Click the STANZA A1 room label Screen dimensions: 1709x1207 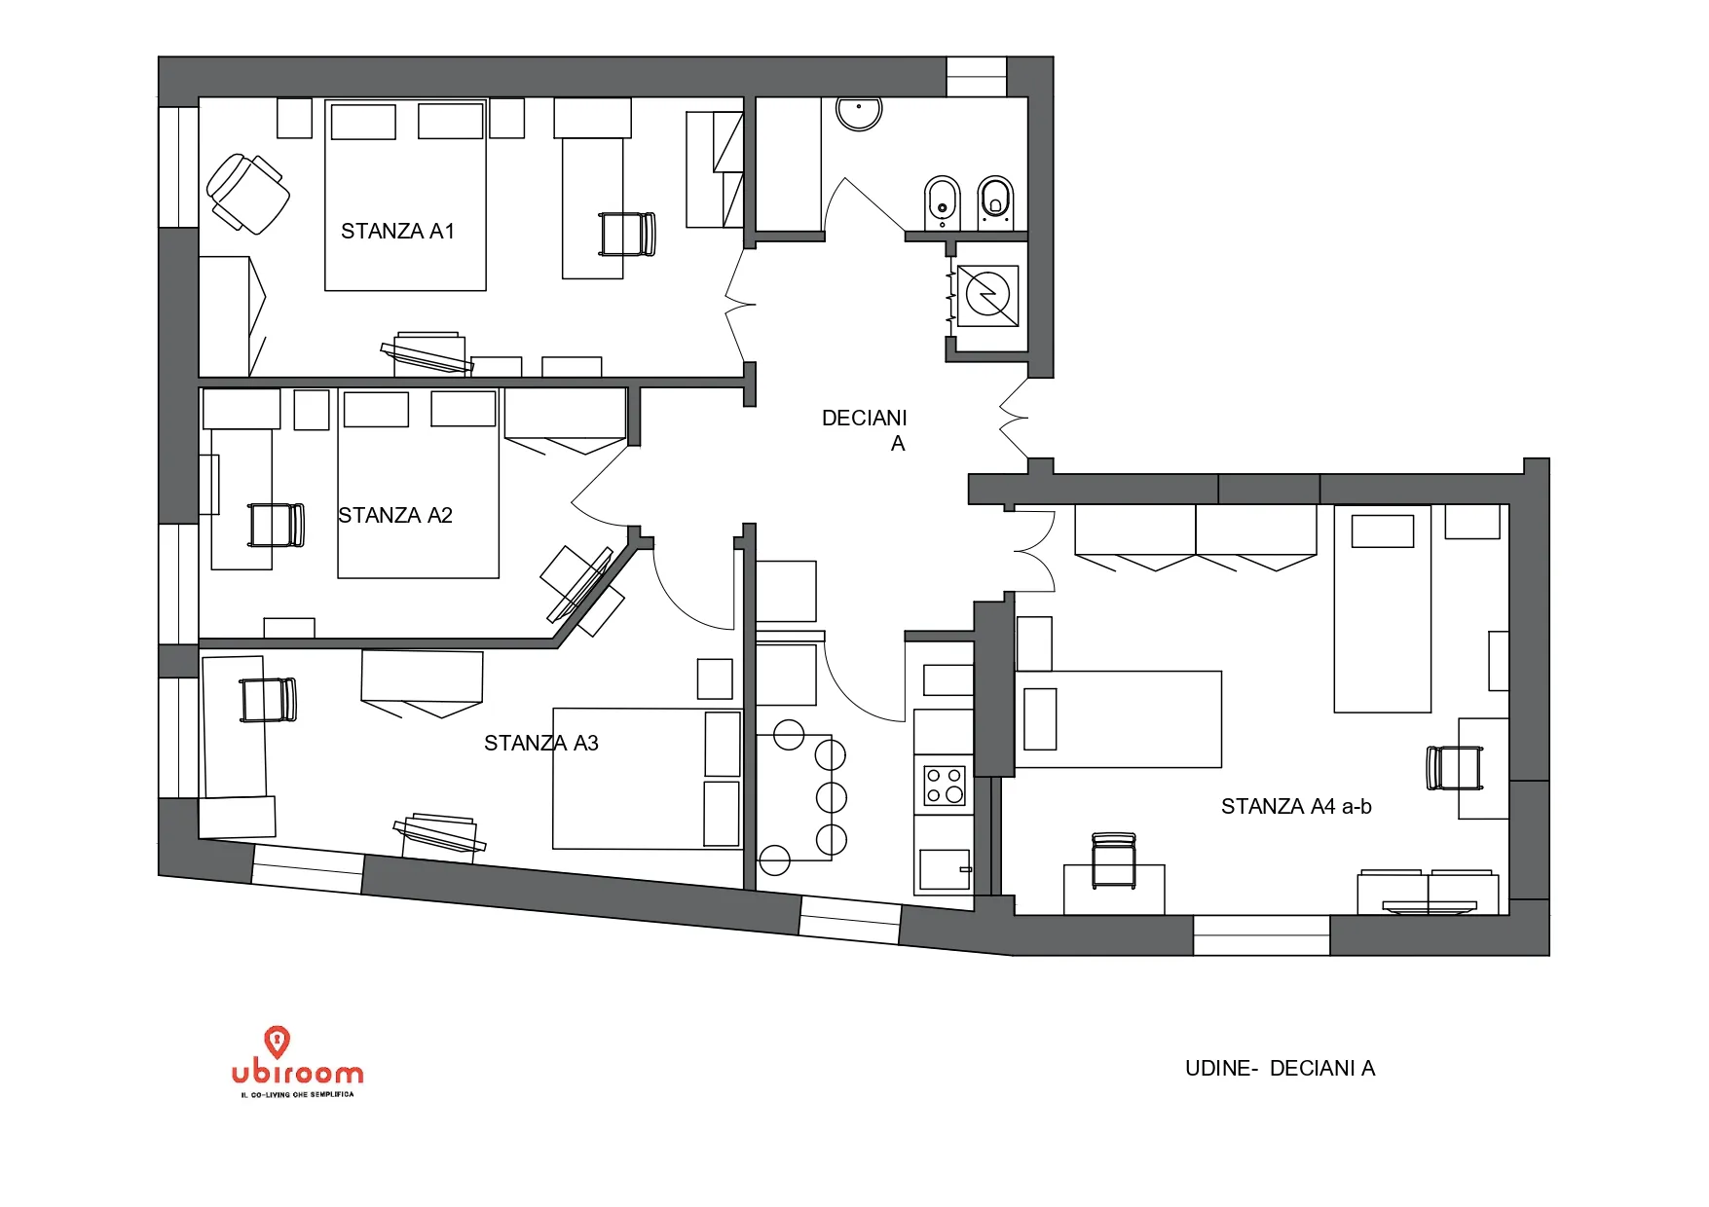(x=397, y=232)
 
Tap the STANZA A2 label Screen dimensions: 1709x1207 (x=395, y=516)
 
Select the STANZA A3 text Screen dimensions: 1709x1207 (x=541, y=744)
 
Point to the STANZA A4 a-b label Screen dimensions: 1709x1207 (x=1296, y=806)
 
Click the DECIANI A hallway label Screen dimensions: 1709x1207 (x=865, y=430)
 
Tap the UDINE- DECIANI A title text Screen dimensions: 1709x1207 (x=1280, y=1068)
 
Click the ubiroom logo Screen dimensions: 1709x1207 (x=297, y=1062)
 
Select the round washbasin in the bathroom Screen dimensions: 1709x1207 (x=858, y=112)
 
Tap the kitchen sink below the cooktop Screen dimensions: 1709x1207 (x=945, y=869)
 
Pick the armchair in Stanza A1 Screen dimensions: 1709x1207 (x=247, y=194)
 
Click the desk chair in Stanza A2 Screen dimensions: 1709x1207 (x=277, y=525)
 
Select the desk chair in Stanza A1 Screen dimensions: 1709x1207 (x=627, y=235)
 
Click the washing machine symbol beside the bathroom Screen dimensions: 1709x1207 (x=987, y=295)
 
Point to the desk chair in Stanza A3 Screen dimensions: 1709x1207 (x=268, y=700)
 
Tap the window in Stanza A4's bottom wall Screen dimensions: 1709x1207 (x=1261, y=935)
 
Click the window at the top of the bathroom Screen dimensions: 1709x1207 (x=976, y=77)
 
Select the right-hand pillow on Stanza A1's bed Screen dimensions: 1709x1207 (x=451, y=122)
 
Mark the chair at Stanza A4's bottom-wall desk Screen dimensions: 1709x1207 (x=1114, y=860)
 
